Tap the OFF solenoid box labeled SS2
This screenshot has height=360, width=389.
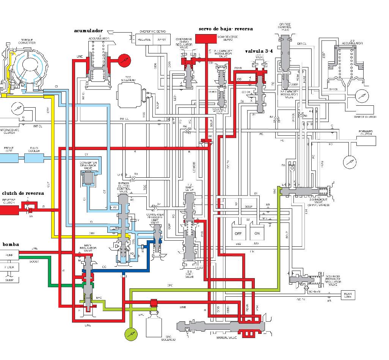click(238, 233)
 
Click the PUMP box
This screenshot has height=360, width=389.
click(9, 255)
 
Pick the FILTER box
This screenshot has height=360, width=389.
click(9, 268)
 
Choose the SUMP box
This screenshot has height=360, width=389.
click(9, 280)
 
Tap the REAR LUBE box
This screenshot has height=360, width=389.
click(347, 294)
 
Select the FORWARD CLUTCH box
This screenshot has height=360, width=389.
click(366, 139)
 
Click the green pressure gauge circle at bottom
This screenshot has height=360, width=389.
click(130, 334)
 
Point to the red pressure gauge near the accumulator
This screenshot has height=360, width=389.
click(124, 60)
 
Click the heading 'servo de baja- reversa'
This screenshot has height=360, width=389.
click(226, 29)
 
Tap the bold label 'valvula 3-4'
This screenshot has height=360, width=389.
click(259, 51)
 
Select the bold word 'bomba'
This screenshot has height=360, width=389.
click(11, 244)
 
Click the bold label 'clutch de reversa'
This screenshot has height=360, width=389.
click(23, 193)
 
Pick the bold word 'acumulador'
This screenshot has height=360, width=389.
click(89, 31)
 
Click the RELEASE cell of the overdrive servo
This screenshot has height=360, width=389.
click(144, 39)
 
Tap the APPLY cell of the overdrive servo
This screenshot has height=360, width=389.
click(162, 39)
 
